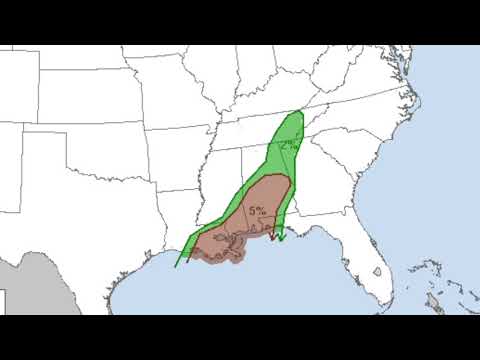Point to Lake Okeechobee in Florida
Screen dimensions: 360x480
pyautogui.click(x=377, y=271)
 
